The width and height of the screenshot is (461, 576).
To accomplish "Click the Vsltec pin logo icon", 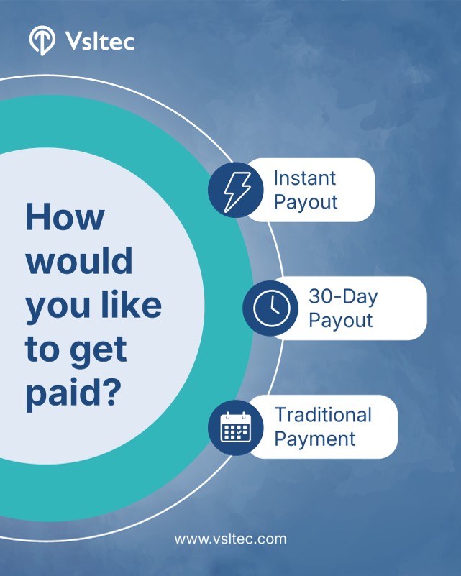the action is (x=42, y=40).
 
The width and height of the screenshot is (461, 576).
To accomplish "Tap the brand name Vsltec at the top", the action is (x=100, y=40).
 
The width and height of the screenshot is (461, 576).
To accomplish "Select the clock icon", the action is (x=270, y=308).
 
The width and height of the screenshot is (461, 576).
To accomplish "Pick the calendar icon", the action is (x=236, y=427).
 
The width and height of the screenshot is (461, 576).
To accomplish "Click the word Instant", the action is (x=305, y=178).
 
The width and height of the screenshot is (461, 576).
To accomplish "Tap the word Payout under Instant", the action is (x=306, y=202).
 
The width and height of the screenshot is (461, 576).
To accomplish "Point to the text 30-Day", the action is (x=343, y=296).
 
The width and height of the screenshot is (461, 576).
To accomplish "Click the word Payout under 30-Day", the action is (x=340, y=320).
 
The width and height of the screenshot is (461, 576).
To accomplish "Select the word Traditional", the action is (x=323, y=415).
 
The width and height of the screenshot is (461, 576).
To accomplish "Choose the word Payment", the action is (x=315, y=439).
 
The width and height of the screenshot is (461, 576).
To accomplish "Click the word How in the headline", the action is (x=65, y=217).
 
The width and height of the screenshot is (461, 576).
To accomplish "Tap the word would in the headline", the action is (x=79, y=260).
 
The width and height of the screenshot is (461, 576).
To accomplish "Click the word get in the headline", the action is (x=99, y=350).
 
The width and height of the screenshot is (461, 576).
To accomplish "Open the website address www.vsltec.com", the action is (x=230, y=539).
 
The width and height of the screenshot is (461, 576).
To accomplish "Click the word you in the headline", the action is (x=58, y=308).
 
